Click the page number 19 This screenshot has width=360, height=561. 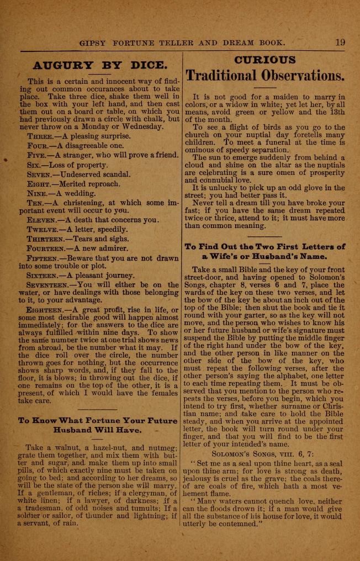(340, 41)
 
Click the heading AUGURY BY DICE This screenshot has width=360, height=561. (99, 65)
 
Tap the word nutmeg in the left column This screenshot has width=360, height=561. (163, 447)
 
